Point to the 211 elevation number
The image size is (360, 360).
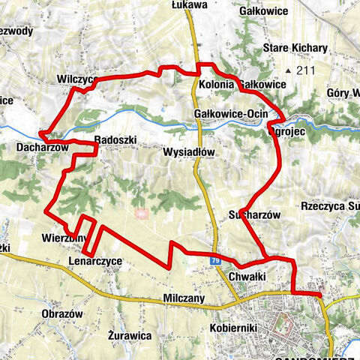[303, 71]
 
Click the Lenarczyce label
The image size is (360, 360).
[94, 260]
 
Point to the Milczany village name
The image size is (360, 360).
[181, 298]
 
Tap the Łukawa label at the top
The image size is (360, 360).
[188, 5]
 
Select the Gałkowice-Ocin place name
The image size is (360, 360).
[226, 113]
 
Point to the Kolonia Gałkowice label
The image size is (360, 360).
[242, 84]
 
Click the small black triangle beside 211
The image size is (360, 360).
[287, 71]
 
